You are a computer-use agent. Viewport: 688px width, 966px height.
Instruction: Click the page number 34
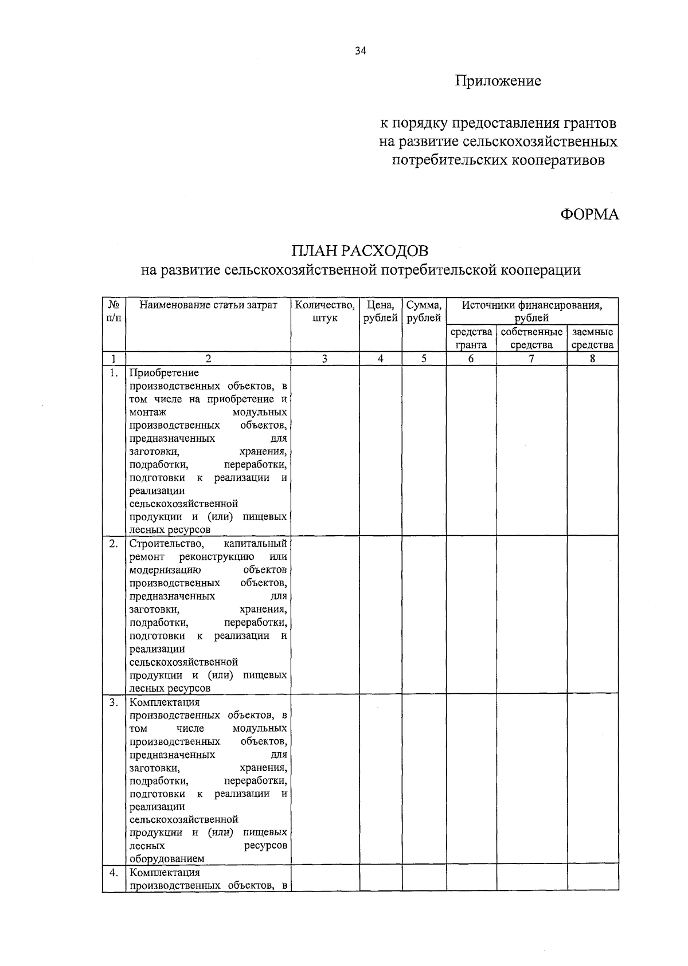360,50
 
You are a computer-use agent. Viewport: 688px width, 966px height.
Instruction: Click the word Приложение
498,81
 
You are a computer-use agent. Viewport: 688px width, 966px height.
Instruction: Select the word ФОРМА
589,214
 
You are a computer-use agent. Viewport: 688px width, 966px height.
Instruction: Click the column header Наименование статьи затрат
208,305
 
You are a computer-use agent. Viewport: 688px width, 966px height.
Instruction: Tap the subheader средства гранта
471,339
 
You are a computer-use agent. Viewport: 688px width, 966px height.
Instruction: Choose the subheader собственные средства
531,339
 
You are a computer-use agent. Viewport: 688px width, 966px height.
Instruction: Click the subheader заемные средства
592,339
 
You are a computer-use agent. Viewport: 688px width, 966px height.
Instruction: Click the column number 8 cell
592,359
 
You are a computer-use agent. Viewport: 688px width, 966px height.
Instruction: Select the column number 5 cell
424,359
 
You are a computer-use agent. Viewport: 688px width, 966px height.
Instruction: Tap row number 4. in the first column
114,873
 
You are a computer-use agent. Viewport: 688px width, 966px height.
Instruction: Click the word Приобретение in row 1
164,373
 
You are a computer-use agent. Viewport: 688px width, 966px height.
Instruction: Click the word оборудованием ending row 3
167,859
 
